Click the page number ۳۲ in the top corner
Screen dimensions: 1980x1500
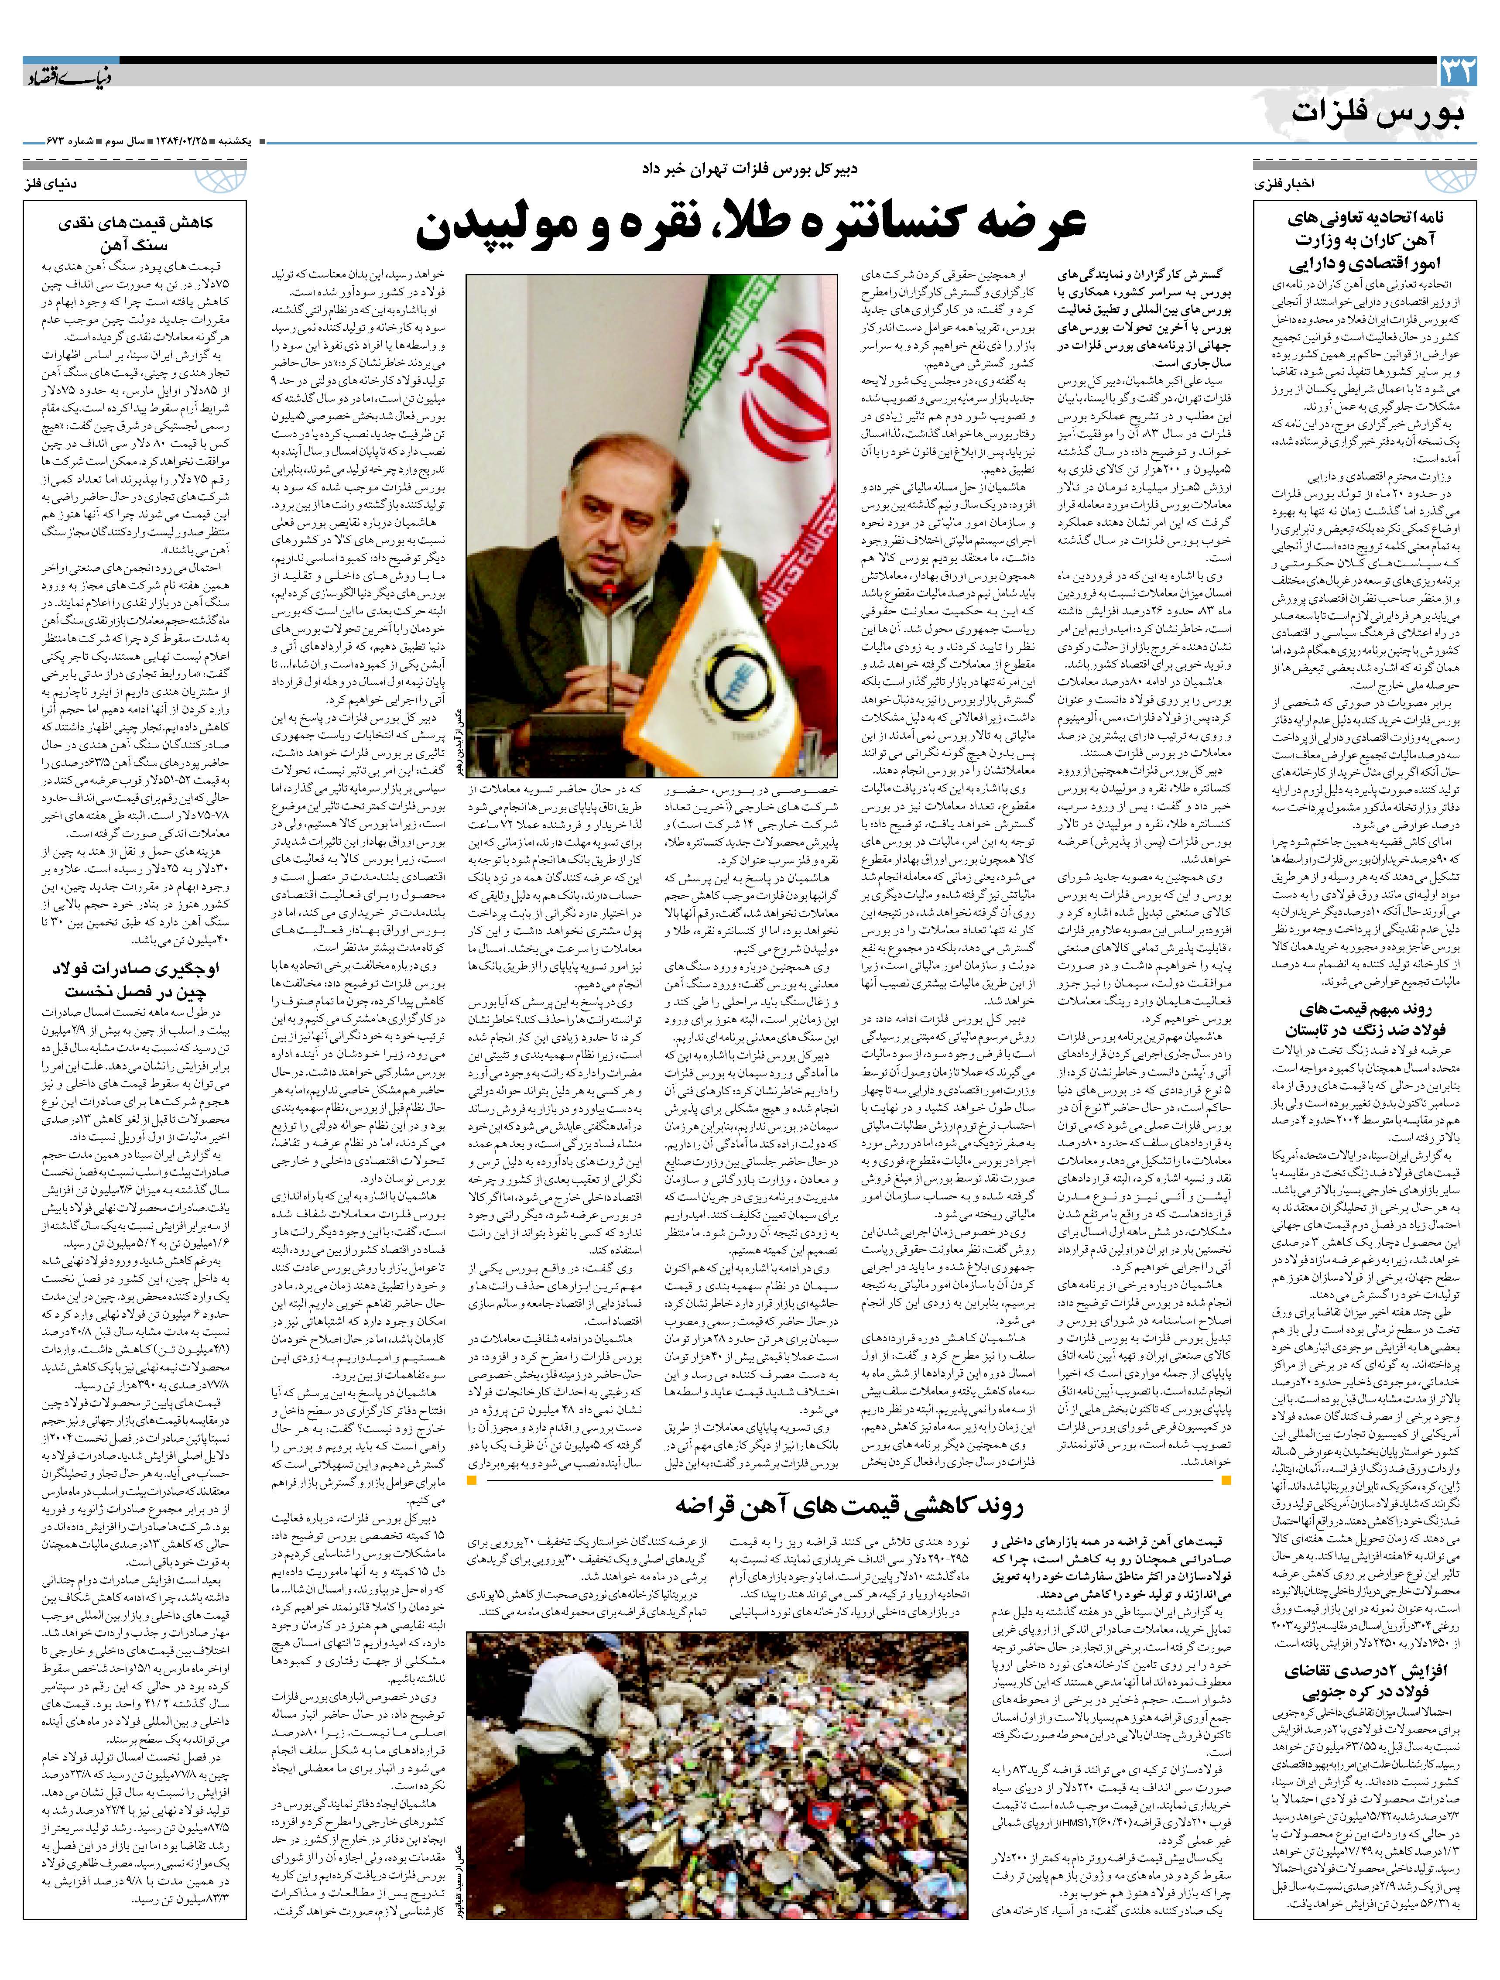tap(1455, 72)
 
